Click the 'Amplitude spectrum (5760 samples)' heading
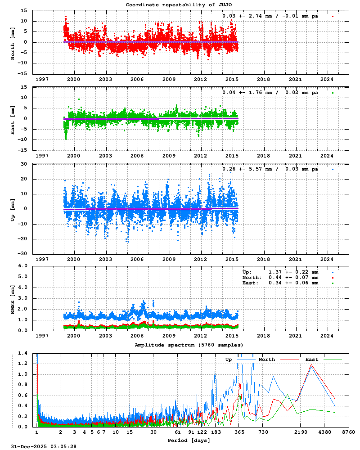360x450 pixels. [x=189, y=345]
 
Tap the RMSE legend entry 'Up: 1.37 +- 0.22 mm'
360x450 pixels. [x=280, y=272]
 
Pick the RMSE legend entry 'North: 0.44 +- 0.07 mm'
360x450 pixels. [x=280, y=278]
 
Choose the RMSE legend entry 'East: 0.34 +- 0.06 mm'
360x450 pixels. [x=280, y=283]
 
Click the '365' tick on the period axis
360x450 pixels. [x=239, y=432]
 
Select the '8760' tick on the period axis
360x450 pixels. [x=348, y=432]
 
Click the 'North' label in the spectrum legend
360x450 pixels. [x=266, y=360]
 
